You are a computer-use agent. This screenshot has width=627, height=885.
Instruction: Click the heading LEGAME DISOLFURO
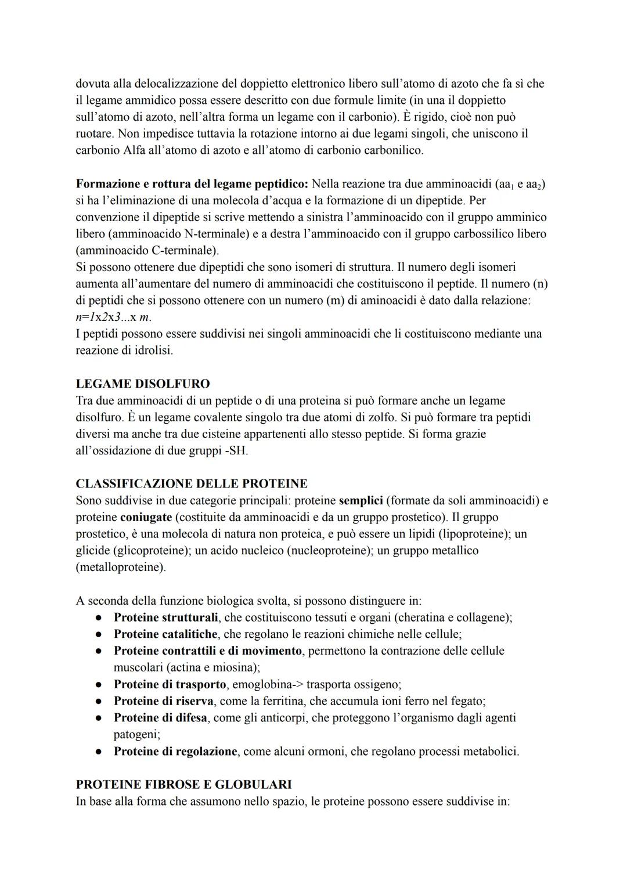[x=143, y=384]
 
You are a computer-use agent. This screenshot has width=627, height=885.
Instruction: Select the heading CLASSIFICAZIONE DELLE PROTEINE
[x=192, y=483]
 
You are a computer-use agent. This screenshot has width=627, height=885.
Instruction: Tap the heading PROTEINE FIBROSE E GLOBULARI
[x=183, y=785]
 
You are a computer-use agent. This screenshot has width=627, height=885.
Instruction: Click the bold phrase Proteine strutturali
[x=166, y=617]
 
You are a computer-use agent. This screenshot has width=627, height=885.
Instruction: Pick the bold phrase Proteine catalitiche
[x=165, y=634]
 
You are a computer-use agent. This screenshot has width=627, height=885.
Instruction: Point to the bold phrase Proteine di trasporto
[x=170, y=684]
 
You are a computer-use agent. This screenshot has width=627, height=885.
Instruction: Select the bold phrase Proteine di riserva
[x=163, y=701]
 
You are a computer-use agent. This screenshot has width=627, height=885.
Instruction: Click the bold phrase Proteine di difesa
[x=160, y=718]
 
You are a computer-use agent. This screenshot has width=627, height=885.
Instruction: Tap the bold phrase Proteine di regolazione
[x=175, y=752]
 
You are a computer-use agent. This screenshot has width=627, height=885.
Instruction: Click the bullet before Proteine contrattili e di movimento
[x=100, y=651]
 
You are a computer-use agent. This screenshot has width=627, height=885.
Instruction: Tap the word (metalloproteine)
[x=121, y=567]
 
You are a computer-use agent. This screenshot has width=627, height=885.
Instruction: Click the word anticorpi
[x=283, y=718]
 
